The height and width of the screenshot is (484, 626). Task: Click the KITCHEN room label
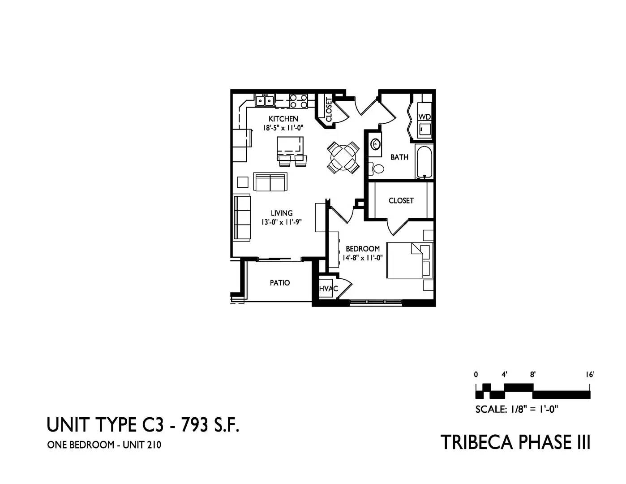pos(283,119)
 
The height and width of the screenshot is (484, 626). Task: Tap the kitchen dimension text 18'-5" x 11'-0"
pos(283,128)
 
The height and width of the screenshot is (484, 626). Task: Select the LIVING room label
pos(282,213)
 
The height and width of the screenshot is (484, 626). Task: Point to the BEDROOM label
pos(363,248)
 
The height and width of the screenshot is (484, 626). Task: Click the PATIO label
pos(280,283)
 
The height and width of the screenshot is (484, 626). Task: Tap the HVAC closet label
pos(328,288)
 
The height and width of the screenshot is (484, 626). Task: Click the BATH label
pos(399,157)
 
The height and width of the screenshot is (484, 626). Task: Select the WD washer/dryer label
pos(424,117)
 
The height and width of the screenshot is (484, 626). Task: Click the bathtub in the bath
pos(424,162)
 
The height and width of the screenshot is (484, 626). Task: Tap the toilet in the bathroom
pos(377,169)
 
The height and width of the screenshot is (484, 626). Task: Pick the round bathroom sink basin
pos(376,144)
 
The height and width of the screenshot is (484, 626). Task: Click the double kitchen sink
pos(265,100)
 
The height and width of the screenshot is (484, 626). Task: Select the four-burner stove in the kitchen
pos(299,101)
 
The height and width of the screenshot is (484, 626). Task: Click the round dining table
pos(343,157)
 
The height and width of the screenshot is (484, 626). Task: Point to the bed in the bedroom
pos(410,260)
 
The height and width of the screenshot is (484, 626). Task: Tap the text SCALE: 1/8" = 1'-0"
pos(517,409)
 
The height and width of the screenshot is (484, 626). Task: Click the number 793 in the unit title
pos(194,425)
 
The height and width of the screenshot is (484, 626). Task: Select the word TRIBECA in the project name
pos(477,442)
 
